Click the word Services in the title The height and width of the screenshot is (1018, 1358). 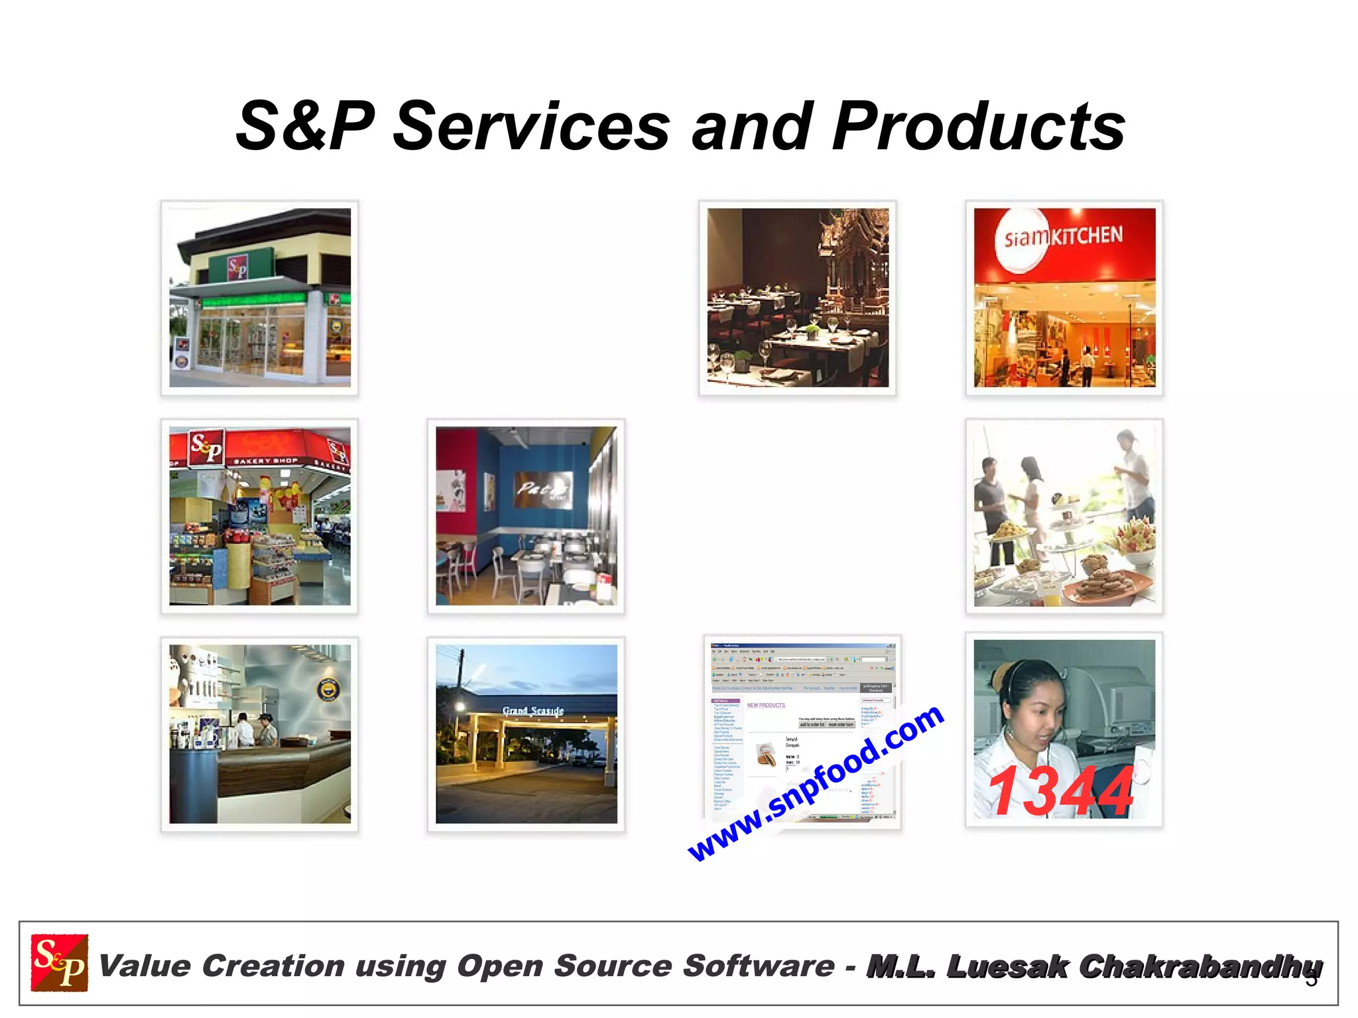(x=531, y=126)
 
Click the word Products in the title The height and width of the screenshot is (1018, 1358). (x=979, y=126)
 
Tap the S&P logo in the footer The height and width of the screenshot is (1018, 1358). (x=60, y=963)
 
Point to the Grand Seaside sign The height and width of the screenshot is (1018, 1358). (x=532, y=711)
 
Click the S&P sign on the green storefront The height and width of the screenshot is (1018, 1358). (x=238, y=268)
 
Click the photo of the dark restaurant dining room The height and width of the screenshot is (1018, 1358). (x=798, y=298)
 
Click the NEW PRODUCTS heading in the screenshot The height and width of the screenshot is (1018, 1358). (x=766, y=705)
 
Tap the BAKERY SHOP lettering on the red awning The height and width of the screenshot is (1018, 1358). (x=265, y=460)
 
